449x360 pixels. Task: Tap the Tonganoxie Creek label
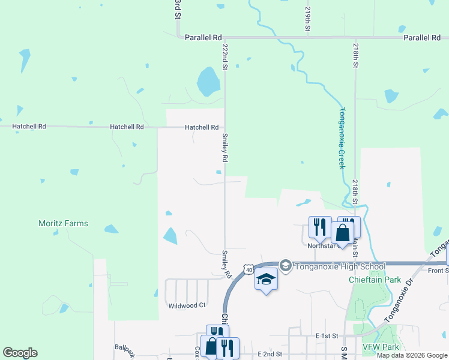pyautogui.click(x=342, y=138)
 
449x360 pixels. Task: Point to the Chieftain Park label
pyautogui.click(x=375, y=280)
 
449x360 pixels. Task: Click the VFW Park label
pyautogui.click(x=381, y=347)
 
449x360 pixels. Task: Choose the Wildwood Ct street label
pyautogui.click(x=187, y=305)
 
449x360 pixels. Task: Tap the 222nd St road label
pyautogui.click(x=225, y=57)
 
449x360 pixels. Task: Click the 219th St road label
pyautogui.click(x=307, y=19)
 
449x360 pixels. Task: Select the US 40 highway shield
pyautogui.click(x=248, y=271)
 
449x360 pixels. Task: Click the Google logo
pyautogui.click(x=20, y=353)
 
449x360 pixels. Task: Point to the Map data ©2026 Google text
pyautogui.click(x=412, y=355)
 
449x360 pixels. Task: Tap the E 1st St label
pyautogui.click(x=328, y=336)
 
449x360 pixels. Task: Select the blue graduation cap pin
pyautogui.click(x=267, y=280)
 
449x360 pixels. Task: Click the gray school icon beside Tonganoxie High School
pyautogui.click(x=285, y=265)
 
